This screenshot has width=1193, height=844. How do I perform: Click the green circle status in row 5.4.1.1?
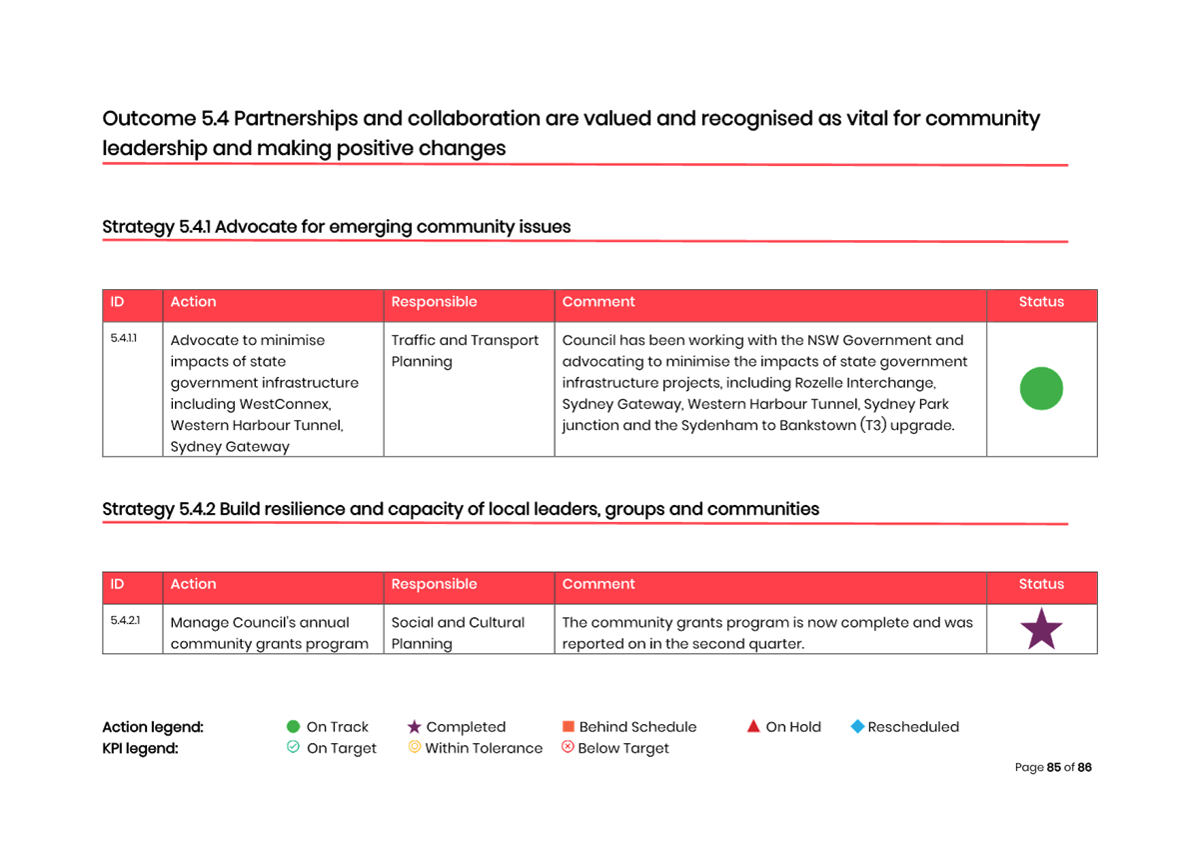click(x=1041, y=388)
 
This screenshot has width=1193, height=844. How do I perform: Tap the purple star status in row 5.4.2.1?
click(x=1041, y=628)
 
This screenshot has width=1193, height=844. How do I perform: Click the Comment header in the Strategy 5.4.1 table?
click(x=598, y=302)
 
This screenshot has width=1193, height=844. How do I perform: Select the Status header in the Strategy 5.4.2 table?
click(x=1041, y=584)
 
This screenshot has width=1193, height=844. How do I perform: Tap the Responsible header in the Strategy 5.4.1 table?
click(x=434, y=302)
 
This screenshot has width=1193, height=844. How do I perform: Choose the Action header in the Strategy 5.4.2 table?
click(x=193, y=584)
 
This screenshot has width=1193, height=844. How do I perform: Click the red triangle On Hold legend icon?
click(x=753, y=726)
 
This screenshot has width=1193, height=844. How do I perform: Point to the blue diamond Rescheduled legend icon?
click(x=857, y=726)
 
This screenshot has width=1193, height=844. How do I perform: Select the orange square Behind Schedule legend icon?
click(x=568, y=726)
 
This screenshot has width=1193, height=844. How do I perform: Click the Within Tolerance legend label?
click(x=484, y=748)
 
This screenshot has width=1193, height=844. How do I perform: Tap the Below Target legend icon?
click(x=568, y=747)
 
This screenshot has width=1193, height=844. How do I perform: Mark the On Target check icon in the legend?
click(x=293, y=747)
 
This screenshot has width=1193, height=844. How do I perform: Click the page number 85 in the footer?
click(x=1054, y=767)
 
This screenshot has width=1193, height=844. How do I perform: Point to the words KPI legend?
click(x=140, y=748)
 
